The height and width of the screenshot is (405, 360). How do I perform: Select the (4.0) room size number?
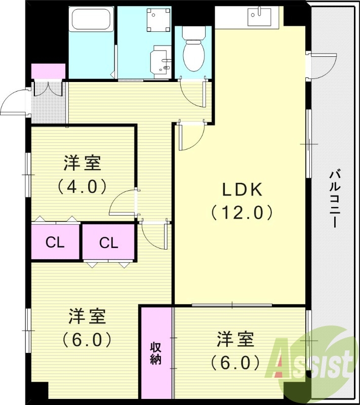(82, 186)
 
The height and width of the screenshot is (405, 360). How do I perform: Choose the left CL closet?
(55, 242)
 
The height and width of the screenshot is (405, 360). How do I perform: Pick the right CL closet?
(108, 243)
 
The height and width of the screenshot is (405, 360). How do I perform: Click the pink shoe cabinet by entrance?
(49, 71)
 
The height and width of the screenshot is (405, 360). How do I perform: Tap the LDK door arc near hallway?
(191, 137)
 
